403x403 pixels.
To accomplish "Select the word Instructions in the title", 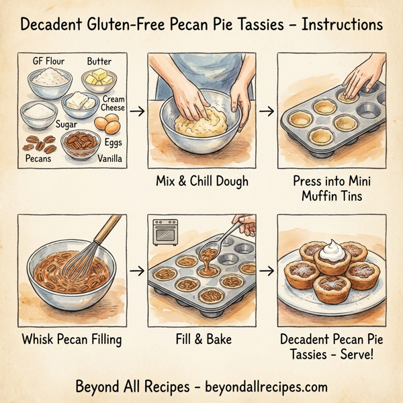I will point(342,25).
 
